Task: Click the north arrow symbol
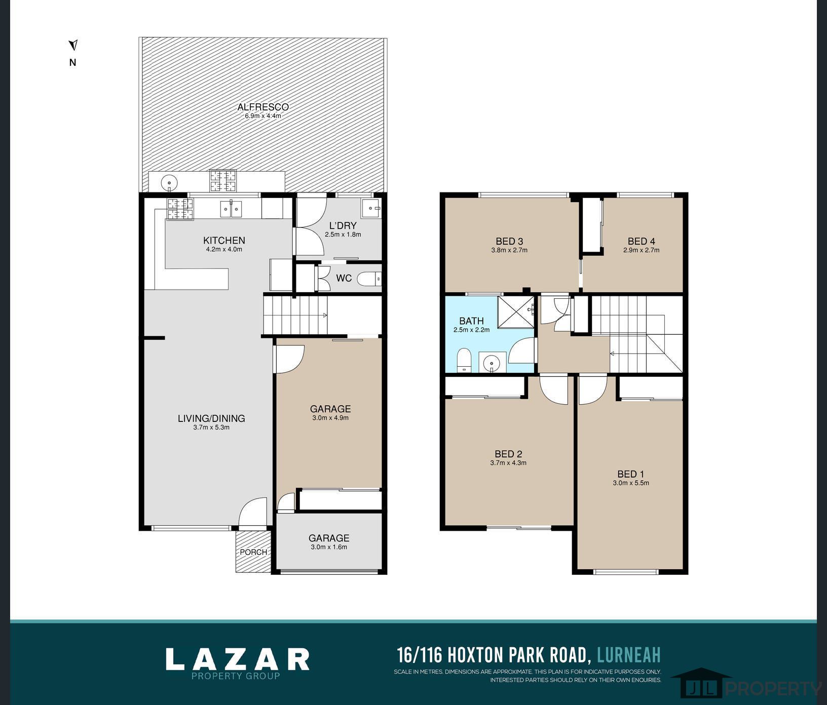coord(73,45)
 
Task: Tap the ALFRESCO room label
coord(263,107)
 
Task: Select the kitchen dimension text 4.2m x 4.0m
coord(224,249)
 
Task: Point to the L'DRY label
coord(343,226)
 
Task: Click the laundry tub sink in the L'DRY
coord(371,208)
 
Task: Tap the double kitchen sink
coord(231,209)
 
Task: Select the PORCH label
coord(253,552)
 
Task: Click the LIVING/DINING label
coord(211,418)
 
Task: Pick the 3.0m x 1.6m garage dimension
coord(329,547)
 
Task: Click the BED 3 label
coord(509,241)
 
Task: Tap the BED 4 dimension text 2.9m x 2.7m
coord(641,250)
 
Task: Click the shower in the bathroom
coord(516,312)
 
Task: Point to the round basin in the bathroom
coord(492,363)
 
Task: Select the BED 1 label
coord(630,474)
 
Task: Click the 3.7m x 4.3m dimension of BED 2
coord(508,462)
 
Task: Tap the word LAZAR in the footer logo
coord(237,659)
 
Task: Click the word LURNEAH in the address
coord(629,655)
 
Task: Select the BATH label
coord(471,321)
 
